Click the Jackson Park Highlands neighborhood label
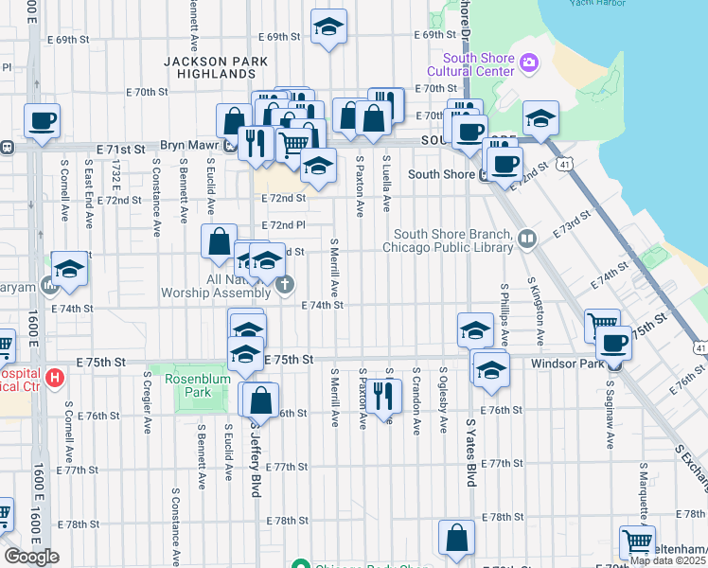pos(209,66)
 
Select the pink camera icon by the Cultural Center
pos(529,64)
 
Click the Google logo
pos(31,557)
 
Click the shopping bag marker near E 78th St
pos(457,537)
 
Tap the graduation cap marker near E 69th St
pos(328,27)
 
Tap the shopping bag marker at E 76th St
pos(259,400)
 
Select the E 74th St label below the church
pos(322,306)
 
